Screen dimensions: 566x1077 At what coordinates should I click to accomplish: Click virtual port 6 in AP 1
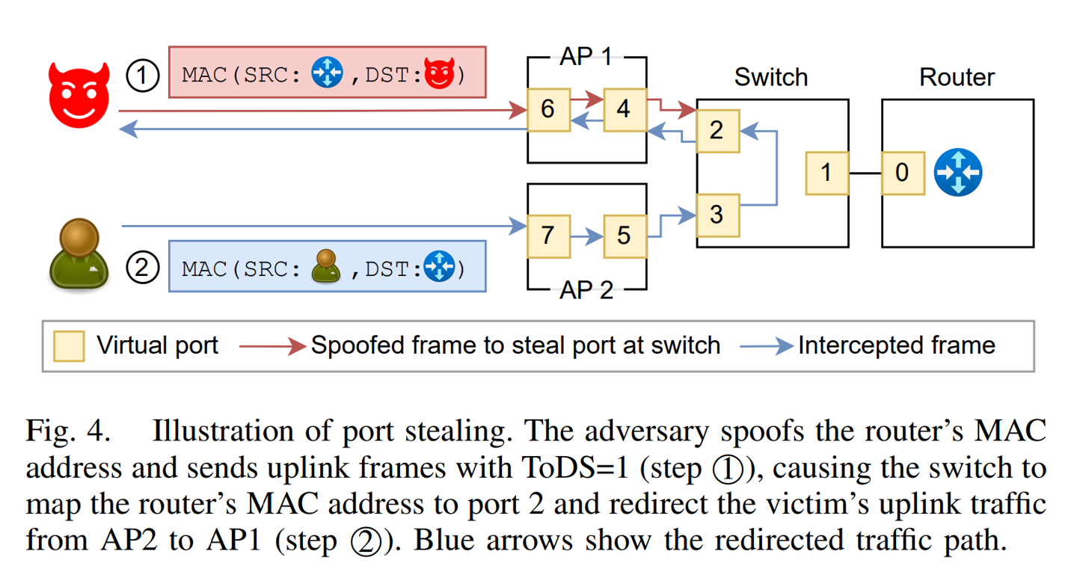coord(548,110)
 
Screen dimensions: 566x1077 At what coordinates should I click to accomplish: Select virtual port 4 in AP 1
coord(625,110)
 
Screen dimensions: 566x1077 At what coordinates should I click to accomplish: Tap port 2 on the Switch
coord(717,130)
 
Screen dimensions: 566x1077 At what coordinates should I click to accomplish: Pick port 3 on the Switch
coord(717,215)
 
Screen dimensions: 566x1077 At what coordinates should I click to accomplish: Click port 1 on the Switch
coord(826,173)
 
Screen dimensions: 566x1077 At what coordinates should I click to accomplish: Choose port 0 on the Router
coord(903,173)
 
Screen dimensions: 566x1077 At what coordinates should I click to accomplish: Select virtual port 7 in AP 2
coord(548,236)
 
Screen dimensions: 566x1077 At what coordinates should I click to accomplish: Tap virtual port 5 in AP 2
coord(625,236)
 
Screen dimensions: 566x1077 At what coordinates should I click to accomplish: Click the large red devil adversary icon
coord(79,94)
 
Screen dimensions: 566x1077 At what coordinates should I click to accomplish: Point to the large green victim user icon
coord(79,255)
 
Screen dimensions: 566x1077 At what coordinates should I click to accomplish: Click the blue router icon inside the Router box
coord(958,173)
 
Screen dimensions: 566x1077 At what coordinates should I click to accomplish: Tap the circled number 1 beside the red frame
coord(142,76)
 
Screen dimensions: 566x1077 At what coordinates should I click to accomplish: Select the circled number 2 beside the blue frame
coord(142,268)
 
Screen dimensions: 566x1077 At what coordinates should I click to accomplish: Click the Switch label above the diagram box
coord(770,78)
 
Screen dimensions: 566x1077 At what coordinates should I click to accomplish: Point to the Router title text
coord(957,78)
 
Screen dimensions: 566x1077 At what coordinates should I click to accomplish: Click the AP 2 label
coord(586,290)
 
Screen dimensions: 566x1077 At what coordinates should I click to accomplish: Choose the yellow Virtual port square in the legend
coord(69,346)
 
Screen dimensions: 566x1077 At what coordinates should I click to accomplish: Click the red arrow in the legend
coord(272,346)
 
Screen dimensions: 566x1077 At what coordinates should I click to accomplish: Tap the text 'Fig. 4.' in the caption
coord(68,432)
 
